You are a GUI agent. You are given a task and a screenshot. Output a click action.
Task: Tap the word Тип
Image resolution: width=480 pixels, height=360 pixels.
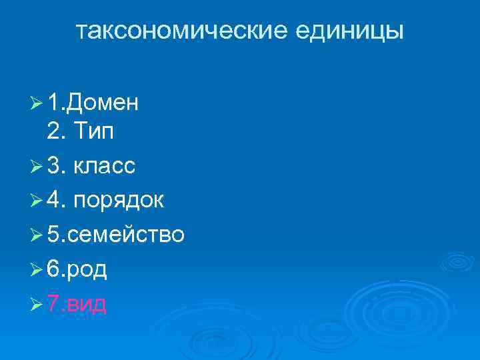tap(93, 132)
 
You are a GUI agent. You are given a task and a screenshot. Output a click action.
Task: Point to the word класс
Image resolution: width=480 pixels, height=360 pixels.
tap(105, 167)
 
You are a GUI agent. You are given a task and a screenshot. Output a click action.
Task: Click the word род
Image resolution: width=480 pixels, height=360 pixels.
tap(88, 270)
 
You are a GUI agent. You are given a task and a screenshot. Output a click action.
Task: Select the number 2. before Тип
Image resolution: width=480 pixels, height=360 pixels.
tap(56, 132)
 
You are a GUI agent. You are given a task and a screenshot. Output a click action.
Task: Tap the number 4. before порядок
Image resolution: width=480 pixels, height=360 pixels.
tap(56, 201)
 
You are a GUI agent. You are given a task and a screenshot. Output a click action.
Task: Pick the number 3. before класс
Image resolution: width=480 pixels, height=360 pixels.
tap(56, 166)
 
